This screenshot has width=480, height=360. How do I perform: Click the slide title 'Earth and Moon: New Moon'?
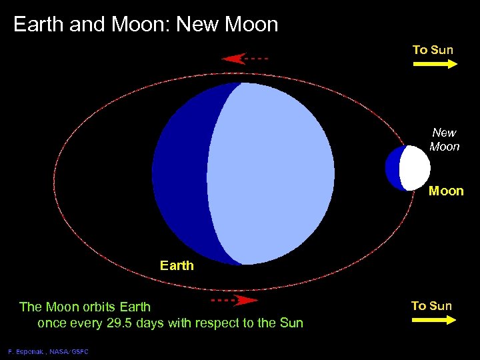(x=145, y=25)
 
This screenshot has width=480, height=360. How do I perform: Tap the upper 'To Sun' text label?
(x=433, y=50)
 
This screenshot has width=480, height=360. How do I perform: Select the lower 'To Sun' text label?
(x=431, y=306)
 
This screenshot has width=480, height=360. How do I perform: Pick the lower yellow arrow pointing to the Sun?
(x=433, y=320)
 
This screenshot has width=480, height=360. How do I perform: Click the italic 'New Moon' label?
(x=444, y=139)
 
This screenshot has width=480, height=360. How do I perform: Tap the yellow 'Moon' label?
(x=445, y=191)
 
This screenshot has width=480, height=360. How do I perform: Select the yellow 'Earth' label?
(x=177, y=265)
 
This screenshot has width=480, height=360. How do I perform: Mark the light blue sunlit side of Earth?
(x=273, y=173)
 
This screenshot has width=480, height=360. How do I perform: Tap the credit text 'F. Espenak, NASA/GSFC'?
(x=48, y=351)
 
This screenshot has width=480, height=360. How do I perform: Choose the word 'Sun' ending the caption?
(x=291, y=323)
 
